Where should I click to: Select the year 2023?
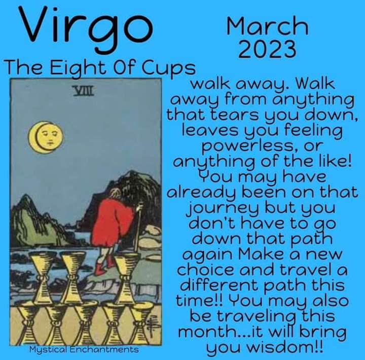268,49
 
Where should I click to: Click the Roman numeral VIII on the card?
83,91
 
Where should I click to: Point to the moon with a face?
46,137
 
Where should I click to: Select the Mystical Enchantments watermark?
84,349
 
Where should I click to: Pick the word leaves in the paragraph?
210,130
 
